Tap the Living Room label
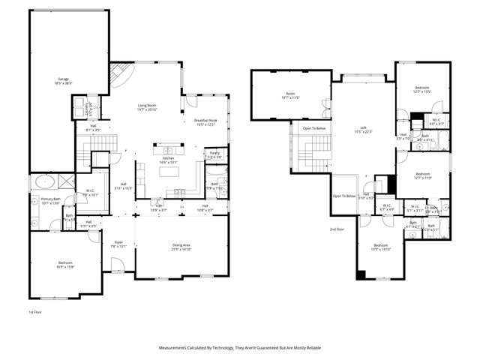[x=146, y=106]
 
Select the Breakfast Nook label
[x=205, y=121]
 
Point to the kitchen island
[x=169, y=172]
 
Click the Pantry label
[x=214, y=154]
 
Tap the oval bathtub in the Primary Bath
[x=43, y=181]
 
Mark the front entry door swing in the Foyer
[x=117, y=264]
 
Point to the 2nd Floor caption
[x=337, y=229]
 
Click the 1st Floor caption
[x=35, y=311]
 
